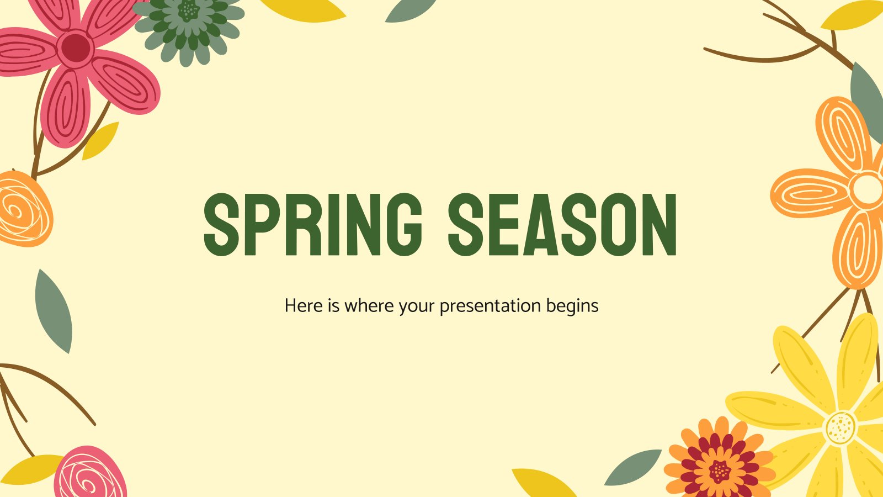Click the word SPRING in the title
tap(313, 224)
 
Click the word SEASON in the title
tap(562, 224)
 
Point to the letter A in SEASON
tap(542, 224)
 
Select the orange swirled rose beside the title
tap(24, 209)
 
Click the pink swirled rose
tap(91, 473)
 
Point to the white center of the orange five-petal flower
tap(867, 188)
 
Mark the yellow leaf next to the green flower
tap(304, 10)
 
